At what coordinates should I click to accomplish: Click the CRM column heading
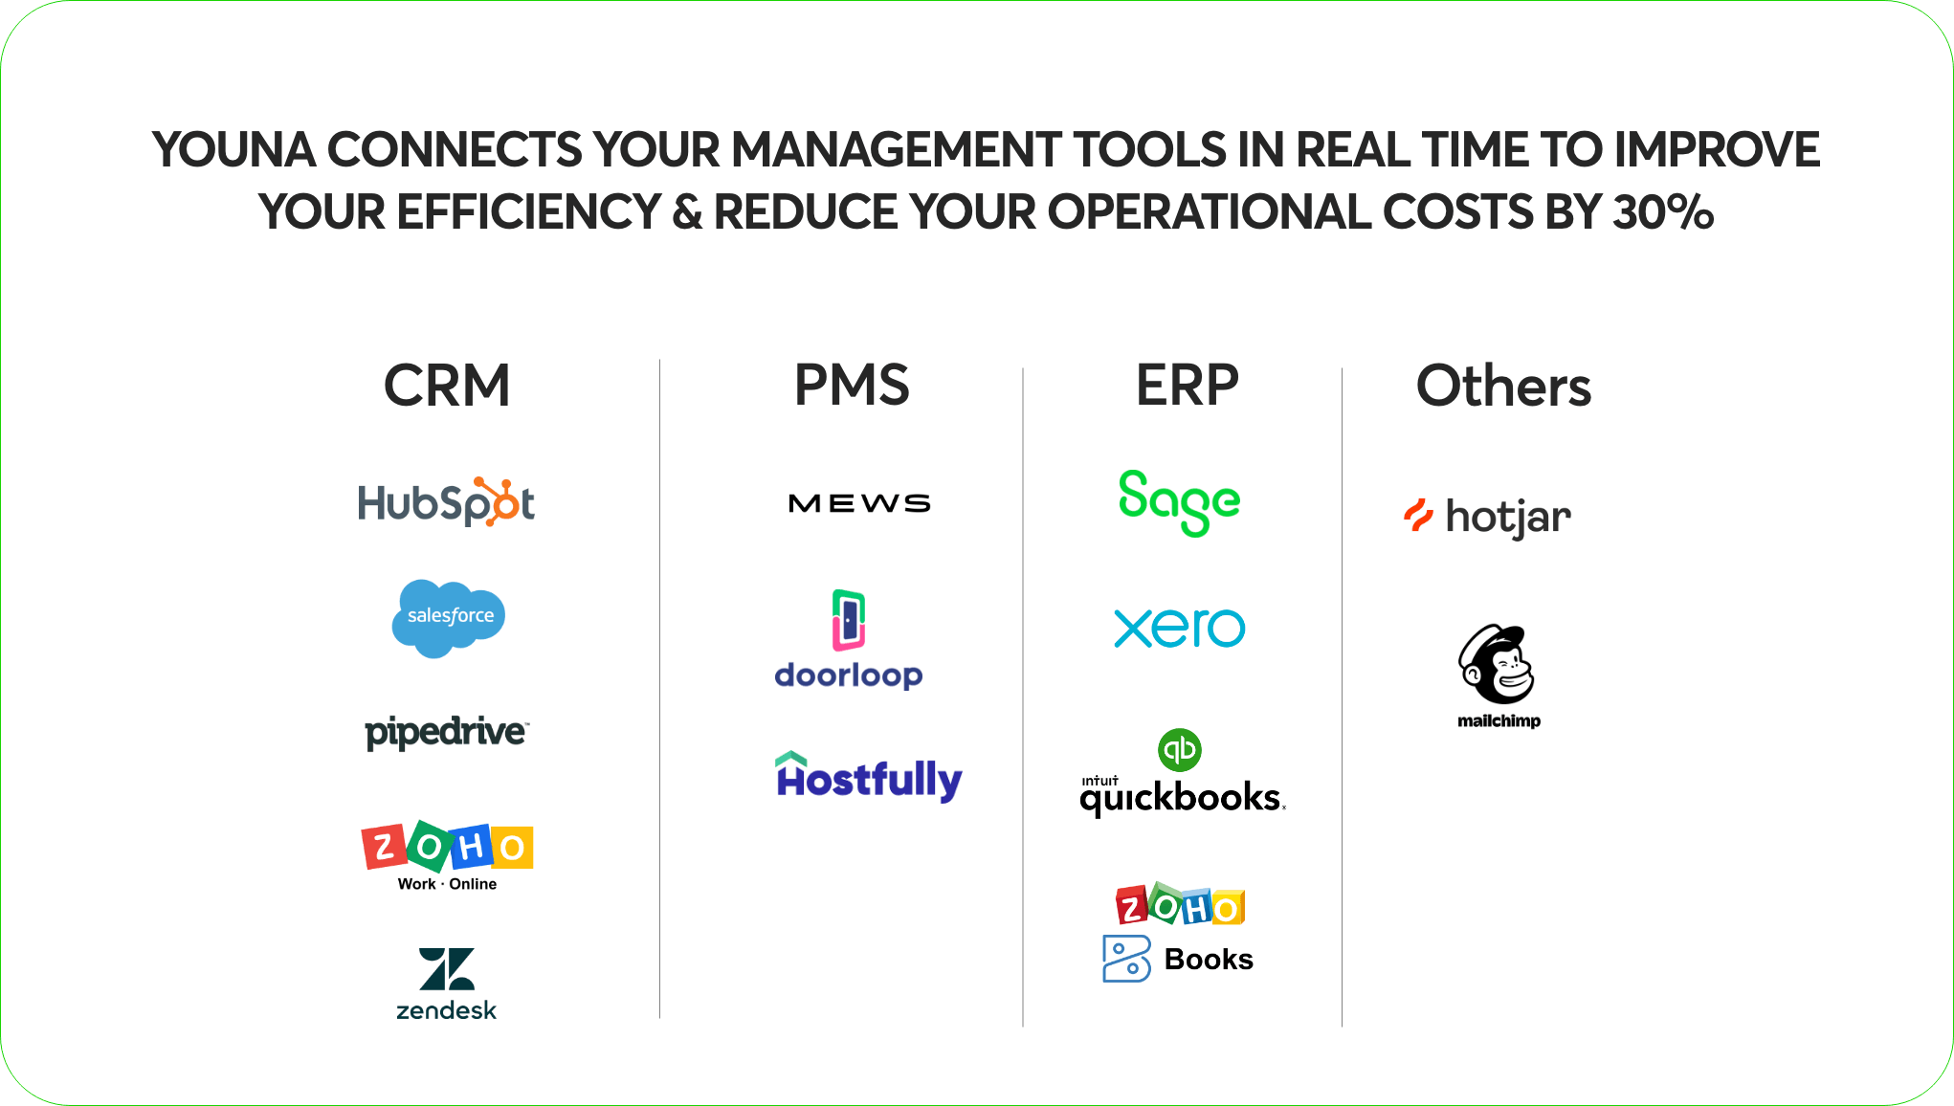click(x=447, y=386)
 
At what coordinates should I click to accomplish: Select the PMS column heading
click(x=852, y=386)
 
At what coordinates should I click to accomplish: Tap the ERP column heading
click(x=1187, y=386)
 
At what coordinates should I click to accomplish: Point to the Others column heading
click(x=1503, y=386)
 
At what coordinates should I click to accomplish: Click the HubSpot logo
click(x=446, y=501)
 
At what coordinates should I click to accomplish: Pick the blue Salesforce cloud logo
click(x=449, y=618)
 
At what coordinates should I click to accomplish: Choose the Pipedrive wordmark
click(x=447, y=733)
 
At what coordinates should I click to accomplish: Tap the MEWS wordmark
click(x=859, y=503)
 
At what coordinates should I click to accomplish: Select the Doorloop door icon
click(x=849, y=620)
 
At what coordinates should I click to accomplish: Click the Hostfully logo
click(x=869, y=777)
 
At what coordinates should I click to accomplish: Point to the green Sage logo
click(x=1179, y=502)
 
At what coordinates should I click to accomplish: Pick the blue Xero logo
click(x=1180, y=628)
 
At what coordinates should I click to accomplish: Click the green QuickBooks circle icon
click(x=1180, y=750)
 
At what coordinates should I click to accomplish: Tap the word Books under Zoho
click(x=1209, y=959)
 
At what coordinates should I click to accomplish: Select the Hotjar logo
click(x=1487, y=517)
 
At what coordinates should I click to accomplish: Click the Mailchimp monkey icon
click(x=1497, y=665)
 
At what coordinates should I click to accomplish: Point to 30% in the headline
click(x=1663, y=211)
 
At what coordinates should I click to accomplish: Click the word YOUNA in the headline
click(x=234, y=149)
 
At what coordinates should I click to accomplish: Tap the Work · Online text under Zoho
click(x=447, y=884)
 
